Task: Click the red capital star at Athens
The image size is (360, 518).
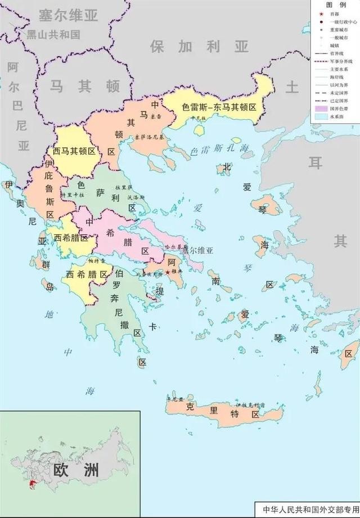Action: [167, 273]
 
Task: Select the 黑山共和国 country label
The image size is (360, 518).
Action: [53, 34]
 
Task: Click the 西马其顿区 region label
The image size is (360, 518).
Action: [74, 151]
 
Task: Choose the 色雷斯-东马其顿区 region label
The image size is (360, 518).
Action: [219, 106]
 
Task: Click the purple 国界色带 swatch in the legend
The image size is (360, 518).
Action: [321, 107]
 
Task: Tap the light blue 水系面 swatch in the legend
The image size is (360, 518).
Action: [321, 115]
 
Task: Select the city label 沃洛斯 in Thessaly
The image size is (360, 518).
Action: [136, 197]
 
